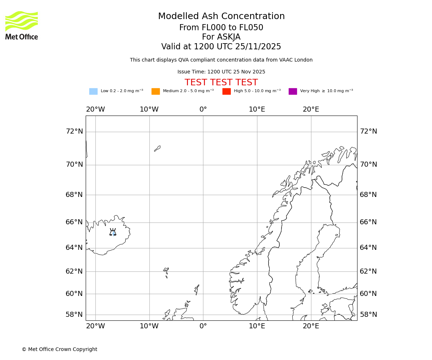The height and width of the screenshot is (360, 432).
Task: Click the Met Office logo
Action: click(x=22, y=25)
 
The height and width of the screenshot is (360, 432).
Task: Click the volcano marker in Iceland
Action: click(x=113, y=232)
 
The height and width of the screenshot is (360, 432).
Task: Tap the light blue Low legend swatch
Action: click(x=93, y=91)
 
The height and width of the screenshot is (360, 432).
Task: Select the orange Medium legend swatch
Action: click(x=156, y=91)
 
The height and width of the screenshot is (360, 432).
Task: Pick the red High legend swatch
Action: click(x=226, y=91)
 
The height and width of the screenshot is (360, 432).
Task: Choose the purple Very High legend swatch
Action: click(x=293, y=91)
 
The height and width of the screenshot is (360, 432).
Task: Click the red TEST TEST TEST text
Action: click(x=221, y=83)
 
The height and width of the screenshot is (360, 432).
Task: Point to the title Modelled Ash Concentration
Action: click(x=221, y=17)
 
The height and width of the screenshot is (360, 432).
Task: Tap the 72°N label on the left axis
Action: click(x=74, y=131)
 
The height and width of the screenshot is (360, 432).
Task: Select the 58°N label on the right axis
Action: click(x=368, y=315)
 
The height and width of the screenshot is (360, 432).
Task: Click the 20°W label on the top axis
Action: click(x=95, y=109)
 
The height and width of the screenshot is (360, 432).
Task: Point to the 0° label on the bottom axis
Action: click(x=203, y=326)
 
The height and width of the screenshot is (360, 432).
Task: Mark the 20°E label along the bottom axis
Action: click(x=311, y=326)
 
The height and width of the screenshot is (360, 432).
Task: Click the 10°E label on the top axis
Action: click(x=257, y=109)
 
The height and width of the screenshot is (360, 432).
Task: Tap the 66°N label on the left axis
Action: click(x=74, y=222)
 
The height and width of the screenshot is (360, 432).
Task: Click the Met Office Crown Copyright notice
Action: click(x=59, y=350)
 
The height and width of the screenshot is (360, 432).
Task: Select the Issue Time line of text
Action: click(x=221, y=72)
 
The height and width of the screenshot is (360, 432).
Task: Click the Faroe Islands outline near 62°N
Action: click(x=166, y=271)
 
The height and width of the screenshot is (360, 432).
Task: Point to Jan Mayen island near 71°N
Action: click(x=157, y=148)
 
